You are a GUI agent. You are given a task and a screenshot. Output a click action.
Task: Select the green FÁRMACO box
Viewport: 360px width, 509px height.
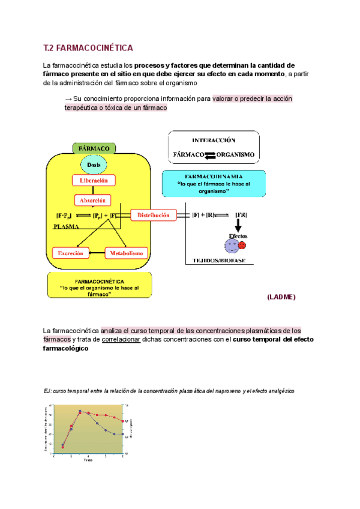click(94, 148)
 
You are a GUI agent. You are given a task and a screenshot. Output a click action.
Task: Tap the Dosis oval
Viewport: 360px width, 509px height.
click(94, 164)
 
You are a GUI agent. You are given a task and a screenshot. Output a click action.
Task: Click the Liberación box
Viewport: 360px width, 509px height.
click(94, 180)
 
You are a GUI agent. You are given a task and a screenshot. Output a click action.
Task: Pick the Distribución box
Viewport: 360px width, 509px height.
click(154, 215)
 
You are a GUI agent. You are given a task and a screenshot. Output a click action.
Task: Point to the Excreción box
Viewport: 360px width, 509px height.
click(71, 253)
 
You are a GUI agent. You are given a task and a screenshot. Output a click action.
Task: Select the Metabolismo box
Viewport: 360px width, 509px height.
click(126, 253)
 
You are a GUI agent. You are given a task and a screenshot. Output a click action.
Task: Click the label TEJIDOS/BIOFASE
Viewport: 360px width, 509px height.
click(219, 261)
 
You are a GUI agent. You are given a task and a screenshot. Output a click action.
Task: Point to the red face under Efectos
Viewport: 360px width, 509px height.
click(241, 245)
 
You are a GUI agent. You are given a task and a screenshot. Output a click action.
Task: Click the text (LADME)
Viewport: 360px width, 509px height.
click(280, 297)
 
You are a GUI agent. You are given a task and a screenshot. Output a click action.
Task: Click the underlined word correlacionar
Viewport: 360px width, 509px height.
click(121, 339)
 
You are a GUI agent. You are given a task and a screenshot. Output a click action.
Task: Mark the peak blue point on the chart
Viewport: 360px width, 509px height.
click(80, 412)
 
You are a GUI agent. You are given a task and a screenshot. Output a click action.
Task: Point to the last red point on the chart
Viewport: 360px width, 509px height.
click(122, 421)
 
